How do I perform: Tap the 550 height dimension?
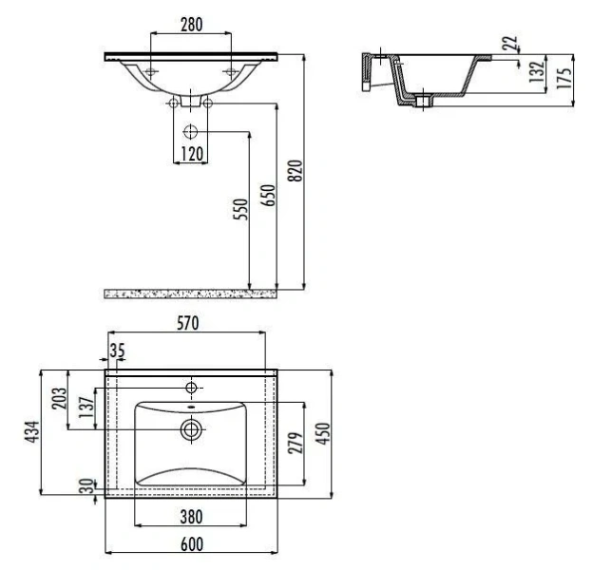tap(239, 209)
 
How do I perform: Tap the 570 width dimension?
tap(187, 324)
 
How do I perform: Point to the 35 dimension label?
tap(117, 351)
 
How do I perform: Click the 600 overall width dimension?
tap(191, 544)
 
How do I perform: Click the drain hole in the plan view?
tap(192, 429)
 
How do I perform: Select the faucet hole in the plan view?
tap(192, 388)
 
